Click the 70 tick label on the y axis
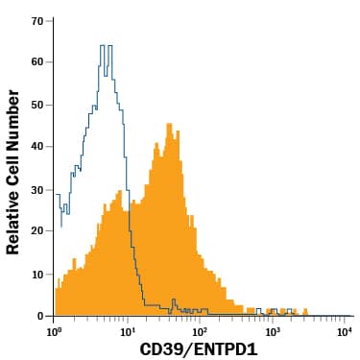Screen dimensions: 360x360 37,20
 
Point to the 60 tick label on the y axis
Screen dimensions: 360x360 37,62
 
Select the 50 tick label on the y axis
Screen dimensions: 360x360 37,105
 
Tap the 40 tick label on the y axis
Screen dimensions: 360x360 37,147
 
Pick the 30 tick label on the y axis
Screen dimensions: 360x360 37,189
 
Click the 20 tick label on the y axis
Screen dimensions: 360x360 37,231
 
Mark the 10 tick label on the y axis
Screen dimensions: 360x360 37,274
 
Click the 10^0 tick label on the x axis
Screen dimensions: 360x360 55,331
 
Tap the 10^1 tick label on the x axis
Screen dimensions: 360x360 127,331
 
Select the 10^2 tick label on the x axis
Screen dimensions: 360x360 199,331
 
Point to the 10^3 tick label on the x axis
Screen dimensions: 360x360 272,331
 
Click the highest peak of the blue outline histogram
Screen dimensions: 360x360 107,45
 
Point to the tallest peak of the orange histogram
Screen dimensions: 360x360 168,124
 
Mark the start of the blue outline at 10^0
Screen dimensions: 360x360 56,194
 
